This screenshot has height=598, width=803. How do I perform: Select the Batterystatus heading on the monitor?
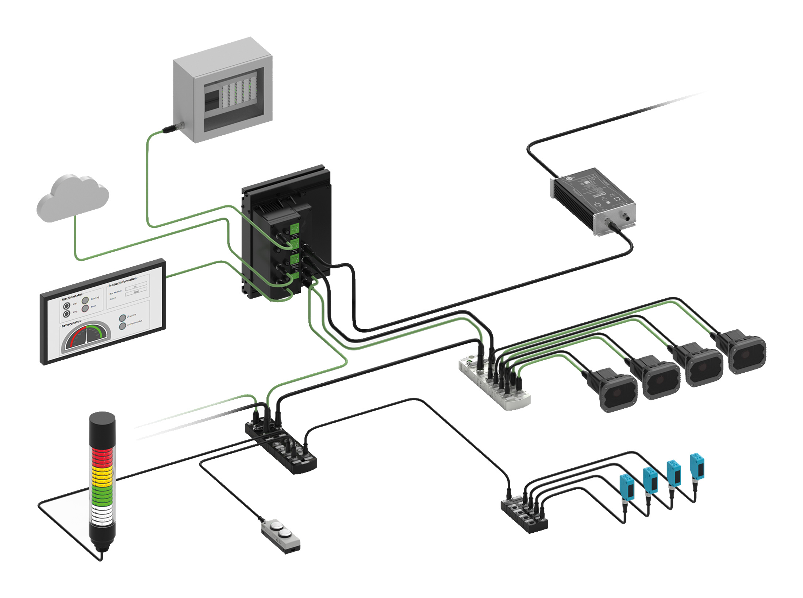tap(71, 324)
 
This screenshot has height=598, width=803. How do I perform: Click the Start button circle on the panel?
tap(67, 306)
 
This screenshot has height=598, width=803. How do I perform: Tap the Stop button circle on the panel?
tap(66, 314)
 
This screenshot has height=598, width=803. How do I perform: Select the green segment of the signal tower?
tap(102, 494)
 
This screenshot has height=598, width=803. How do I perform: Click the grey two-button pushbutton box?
tap(281, 533)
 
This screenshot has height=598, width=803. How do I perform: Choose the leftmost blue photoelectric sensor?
tap(627, 485)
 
